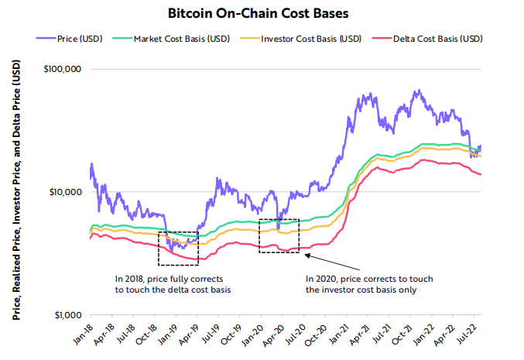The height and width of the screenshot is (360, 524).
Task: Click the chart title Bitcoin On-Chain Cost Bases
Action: [261, 13]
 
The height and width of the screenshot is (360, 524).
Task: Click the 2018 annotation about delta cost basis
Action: [175, 283]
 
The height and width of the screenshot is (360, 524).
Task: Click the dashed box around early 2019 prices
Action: [178, 249]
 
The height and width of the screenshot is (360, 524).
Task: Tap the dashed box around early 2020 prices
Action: [279, 235]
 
